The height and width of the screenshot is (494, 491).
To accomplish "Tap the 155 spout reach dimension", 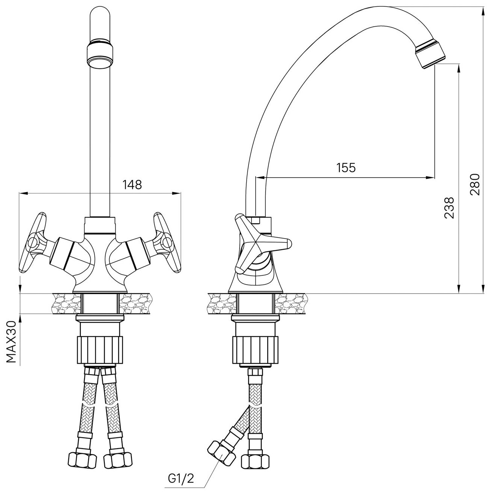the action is click(x=346, y=167).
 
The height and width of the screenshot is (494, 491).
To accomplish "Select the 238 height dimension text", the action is click(x=449, y=208).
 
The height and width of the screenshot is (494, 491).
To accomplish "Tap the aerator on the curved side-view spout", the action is click(x=431, y=55).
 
